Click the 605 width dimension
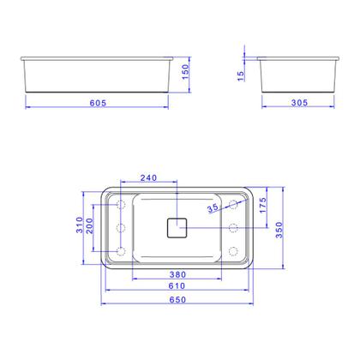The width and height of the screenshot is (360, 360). [98, 102]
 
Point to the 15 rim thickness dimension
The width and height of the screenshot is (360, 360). [243, 75]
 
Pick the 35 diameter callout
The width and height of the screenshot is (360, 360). [213, 208]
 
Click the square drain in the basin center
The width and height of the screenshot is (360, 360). [177, 228]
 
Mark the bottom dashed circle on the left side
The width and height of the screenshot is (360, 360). [120, 251]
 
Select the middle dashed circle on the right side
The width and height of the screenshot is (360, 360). [232, 228]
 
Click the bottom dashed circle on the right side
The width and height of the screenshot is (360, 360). [232, 251]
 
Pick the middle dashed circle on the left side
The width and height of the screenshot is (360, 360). [120, 228]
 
